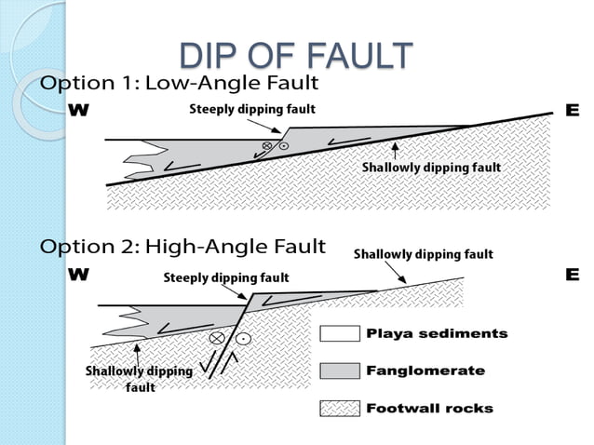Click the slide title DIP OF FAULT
pos(295,56)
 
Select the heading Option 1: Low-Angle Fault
pos(180,83)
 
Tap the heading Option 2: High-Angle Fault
pos(182,247)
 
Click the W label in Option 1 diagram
pos(81,111)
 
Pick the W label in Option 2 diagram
pos(81,275)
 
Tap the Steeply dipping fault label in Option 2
pos(226,277)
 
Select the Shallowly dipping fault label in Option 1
pos(431,168)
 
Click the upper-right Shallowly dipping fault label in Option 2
pos(423,253)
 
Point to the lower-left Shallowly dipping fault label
pos(139,378)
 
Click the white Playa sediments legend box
pos(339,333)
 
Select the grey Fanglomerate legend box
pos(339,371)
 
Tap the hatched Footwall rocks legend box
pos(339,408)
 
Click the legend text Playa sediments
pos(437,333)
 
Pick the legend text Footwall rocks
pos(429,408)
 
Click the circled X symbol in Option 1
pos(267,147)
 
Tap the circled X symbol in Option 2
pos(218,337)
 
